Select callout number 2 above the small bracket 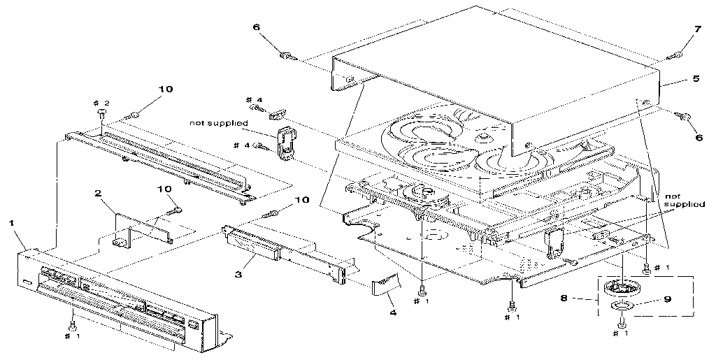tap(99, 193)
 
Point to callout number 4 tap(392, 312)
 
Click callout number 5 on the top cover tap(695, 79)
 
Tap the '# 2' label tap(102, 103)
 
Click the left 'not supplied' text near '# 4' tap(218, 123)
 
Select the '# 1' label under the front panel tap(72, 336)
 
